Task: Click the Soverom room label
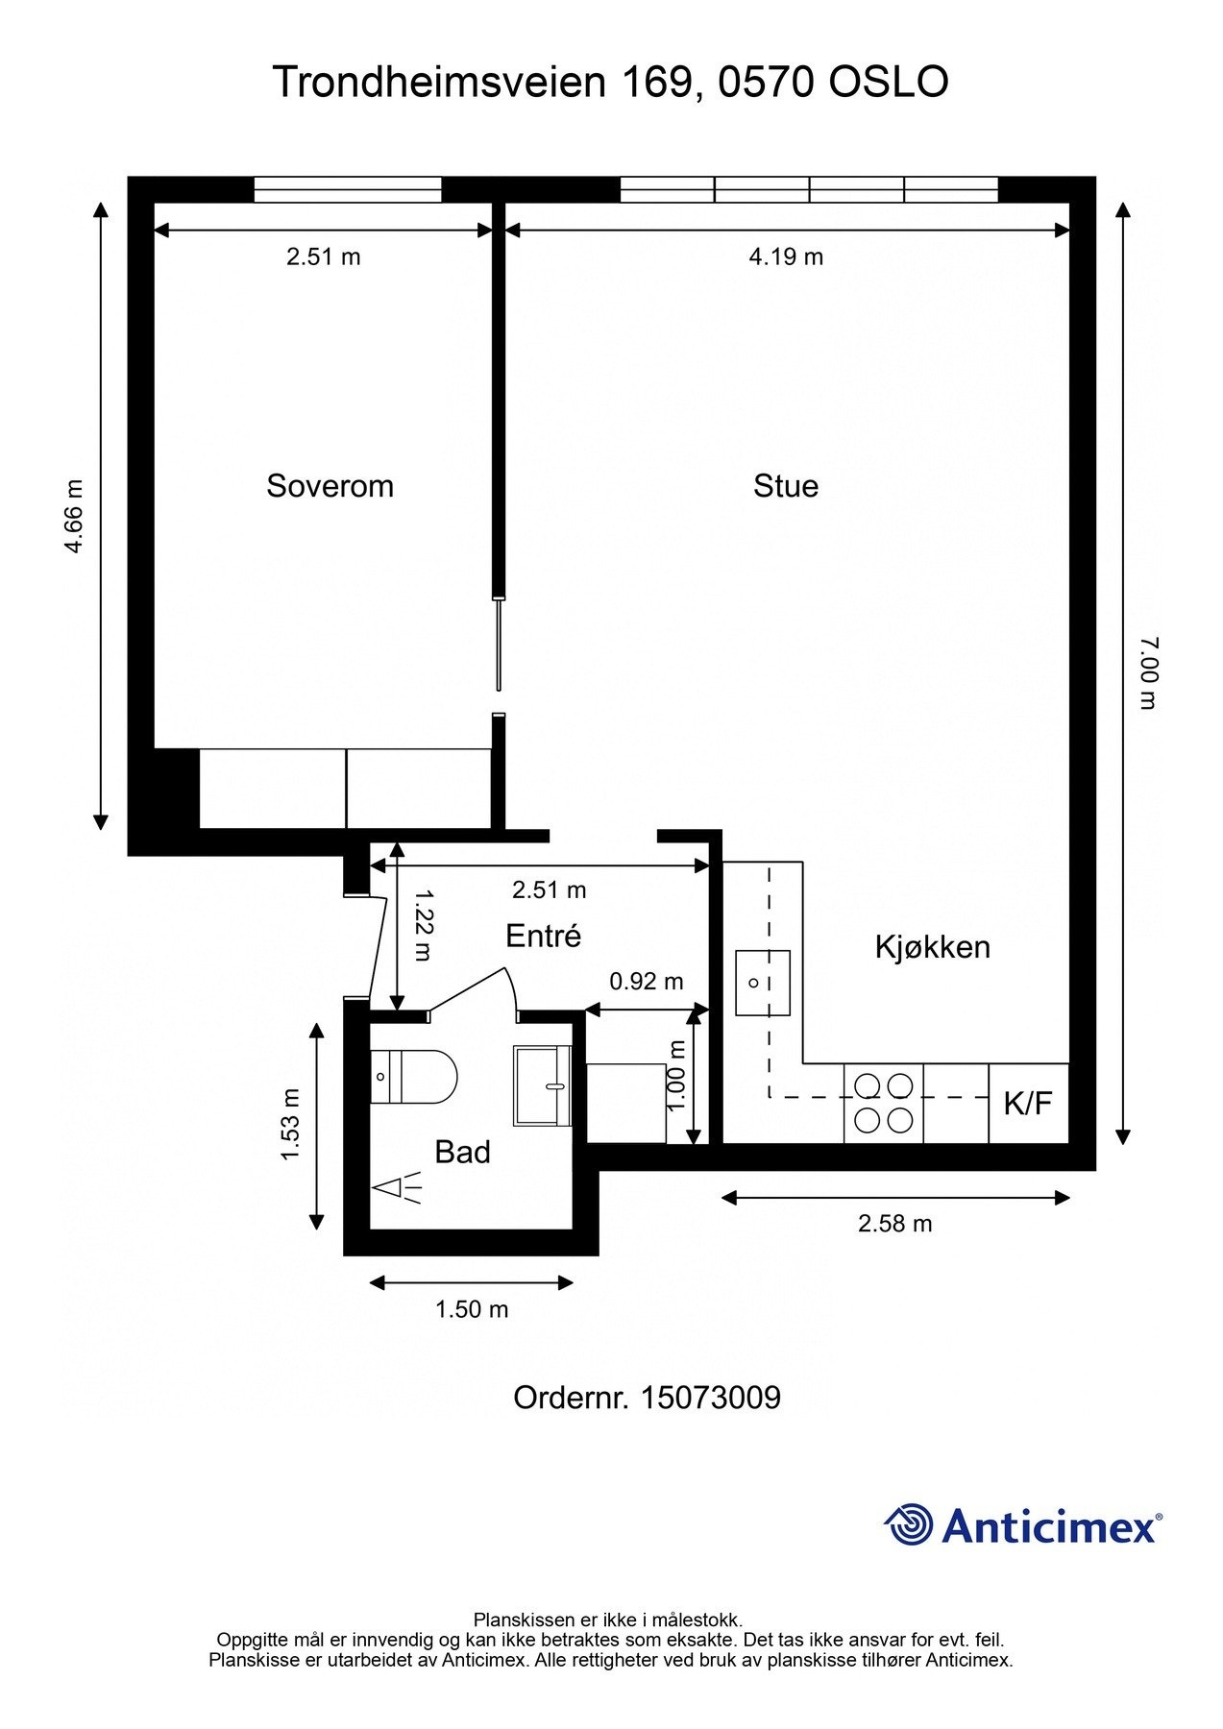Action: [x=330, y=486]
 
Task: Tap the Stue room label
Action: [x=786, y=486]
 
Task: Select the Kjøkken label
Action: [x=932, y=947]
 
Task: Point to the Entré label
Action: [x=544, y=936]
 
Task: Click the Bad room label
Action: [x=462, y=1152]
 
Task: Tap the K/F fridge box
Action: [x=1029, y=1104]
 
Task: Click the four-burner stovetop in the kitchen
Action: [x=884, y=1104]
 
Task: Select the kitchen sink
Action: [x=763, y=983]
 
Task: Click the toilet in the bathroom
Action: [x=412, y=1077]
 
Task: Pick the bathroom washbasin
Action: [x=544, y=1085]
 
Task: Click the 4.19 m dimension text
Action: [x=786, y=256]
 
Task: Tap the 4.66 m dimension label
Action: [x=74, y=517]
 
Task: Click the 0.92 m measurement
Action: [x=647, y=982]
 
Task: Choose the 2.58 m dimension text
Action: [x=894, y=1224]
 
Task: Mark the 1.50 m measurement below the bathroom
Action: [x=472, y=1309]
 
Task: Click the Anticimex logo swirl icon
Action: [x=909, y=1525]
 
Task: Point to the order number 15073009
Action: [x=710, y=1398]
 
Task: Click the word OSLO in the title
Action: [x=889, y=83]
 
